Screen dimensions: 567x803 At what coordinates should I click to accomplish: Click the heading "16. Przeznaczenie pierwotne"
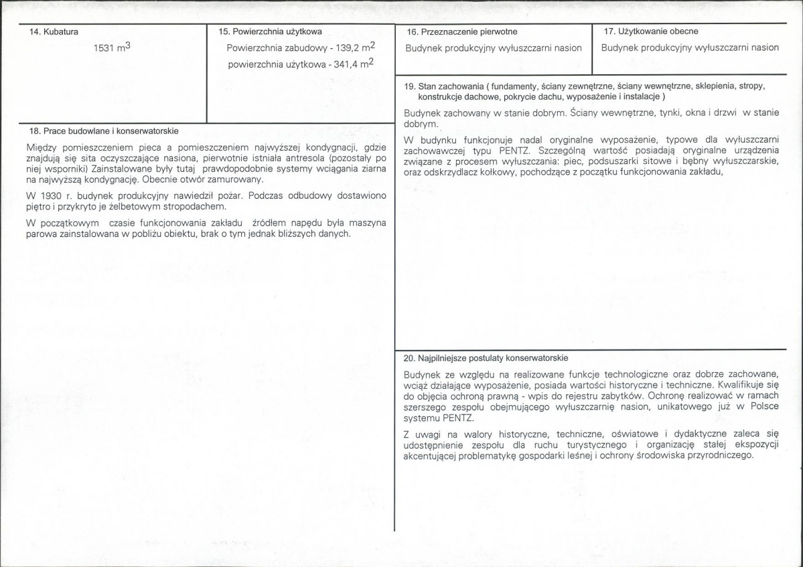(462, 31)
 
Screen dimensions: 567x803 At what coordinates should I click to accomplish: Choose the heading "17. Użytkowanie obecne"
(651, 31)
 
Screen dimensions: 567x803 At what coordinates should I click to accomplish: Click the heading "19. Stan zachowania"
(443, 87)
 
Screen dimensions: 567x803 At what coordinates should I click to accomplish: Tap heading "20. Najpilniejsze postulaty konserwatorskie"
(486, 358)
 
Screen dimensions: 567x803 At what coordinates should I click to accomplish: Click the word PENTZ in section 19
(516, 151)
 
